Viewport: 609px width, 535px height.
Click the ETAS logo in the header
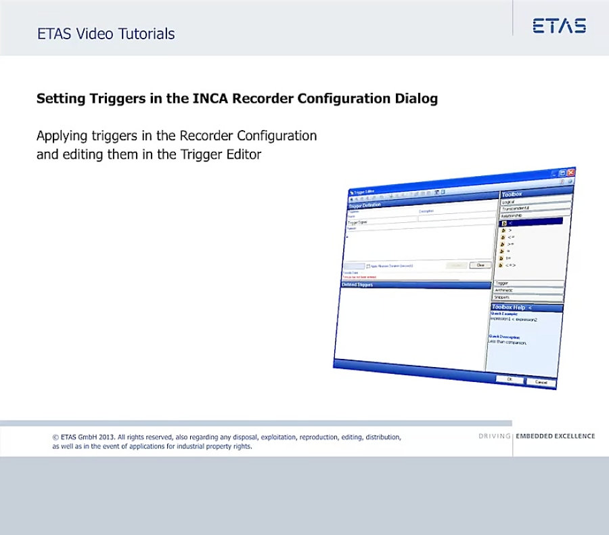[x=559, y=26]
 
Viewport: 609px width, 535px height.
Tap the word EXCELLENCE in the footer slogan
[x=574, y=436]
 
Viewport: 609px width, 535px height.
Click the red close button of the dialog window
[x=570, y=173]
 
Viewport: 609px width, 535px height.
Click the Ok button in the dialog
[x=510, y=380]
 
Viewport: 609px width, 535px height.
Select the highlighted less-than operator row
[x=531, y=222]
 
